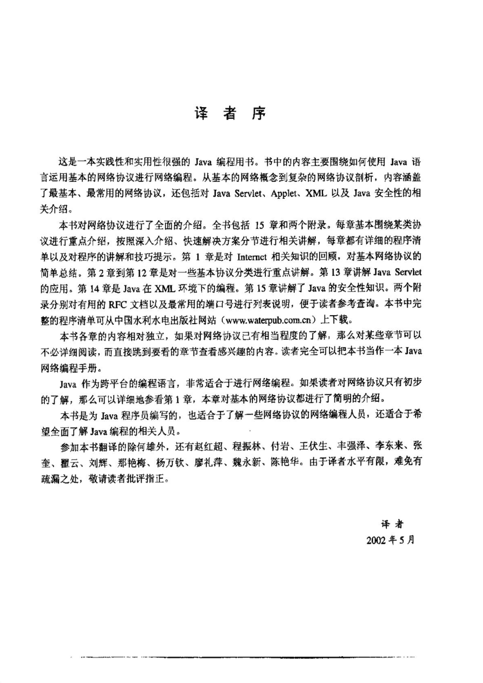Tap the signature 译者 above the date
click(x=392, y=524)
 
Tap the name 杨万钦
click(x=171, y=463)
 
